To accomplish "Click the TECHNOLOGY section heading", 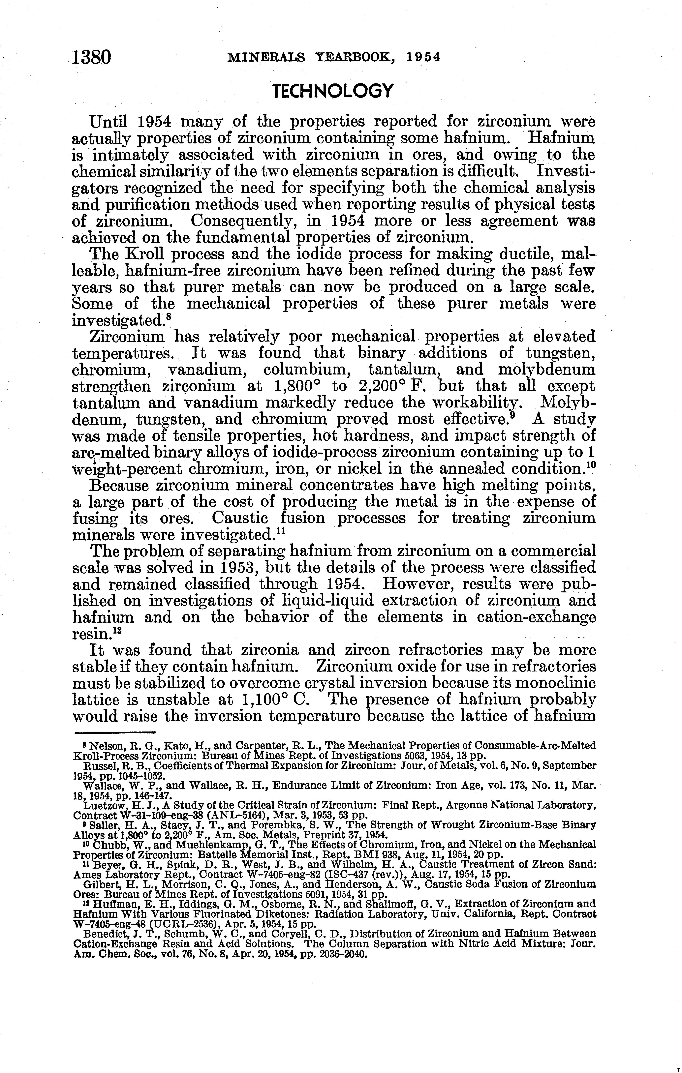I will (x=333, y=91).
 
